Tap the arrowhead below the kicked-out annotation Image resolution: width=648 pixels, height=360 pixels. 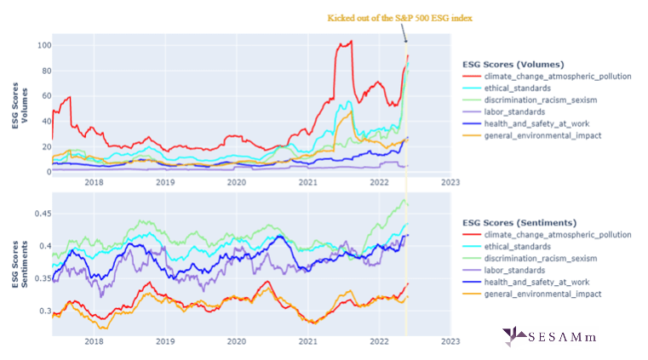pos(406,40)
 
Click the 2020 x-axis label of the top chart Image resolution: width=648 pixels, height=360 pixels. pos(237,181)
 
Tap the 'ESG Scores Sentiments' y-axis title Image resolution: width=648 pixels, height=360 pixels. pos(20,266)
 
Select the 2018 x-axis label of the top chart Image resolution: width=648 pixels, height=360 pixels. pos(94,181)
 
